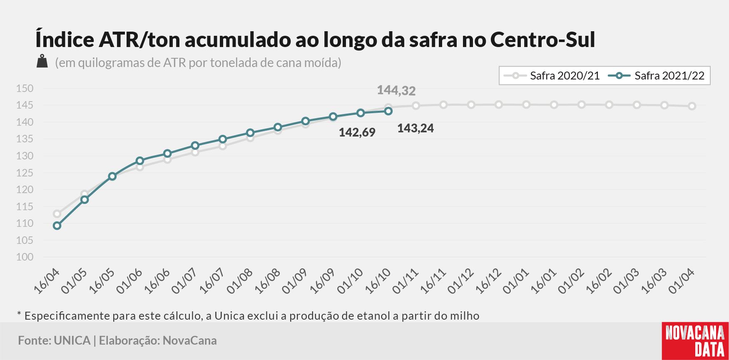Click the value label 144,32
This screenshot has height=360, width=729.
pos(396,90)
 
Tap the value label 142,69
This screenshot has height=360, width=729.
pos(357,132)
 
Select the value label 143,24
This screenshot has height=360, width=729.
pos(416,128)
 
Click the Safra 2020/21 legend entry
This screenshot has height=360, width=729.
pos(552,76)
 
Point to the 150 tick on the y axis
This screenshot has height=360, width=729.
pos(25,88)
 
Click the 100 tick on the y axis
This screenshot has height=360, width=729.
pos(25,257)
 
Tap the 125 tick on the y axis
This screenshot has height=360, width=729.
pos(25,173)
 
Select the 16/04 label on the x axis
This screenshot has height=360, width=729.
pos(47,281)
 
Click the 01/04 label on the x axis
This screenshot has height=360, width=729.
pos(682,281)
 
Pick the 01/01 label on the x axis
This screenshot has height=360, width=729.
pos(516,281)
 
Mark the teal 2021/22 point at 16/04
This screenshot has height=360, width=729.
pos(57,226)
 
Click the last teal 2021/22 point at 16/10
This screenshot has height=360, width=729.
pos(388,111)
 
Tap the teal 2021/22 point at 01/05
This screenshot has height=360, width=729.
pos(85,200)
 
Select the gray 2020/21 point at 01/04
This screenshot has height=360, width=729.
pos(692,106)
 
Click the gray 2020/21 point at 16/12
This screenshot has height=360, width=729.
pos(499,104)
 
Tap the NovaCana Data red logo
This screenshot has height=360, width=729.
pos(695,341)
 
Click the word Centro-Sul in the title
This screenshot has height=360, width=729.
pos(542,40)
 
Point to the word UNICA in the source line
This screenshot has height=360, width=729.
pos(72,340)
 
